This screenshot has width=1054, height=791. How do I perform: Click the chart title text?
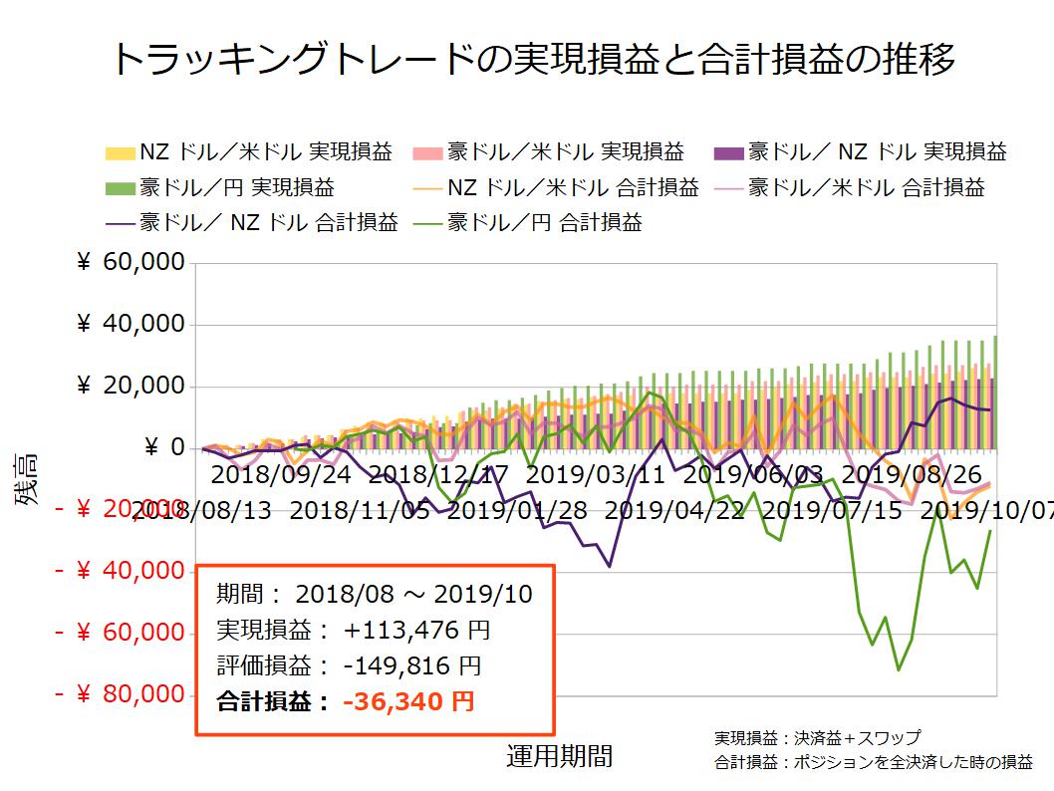(533, 59)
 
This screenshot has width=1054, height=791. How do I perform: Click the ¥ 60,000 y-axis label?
(131, 263)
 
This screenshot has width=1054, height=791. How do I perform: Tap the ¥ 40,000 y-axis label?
(131, 325)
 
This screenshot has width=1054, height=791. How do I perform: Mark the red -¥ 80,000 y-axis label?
(121, 693)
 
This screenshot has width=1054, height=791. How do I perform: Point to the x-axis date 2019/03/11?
(595, 473)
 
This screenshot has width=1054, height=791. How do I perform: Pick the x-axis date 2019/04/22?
(674, 512)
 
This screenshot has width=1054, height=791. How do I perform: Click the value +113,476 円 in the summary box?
(416, 630)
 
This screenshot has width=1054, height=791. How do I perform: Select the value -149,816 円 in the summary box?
(412, 665)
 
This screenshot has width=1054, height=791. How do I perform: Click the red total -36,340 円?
(408, 701)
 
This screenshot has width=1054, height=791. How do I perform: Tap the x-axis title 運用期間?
(559, 756)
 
